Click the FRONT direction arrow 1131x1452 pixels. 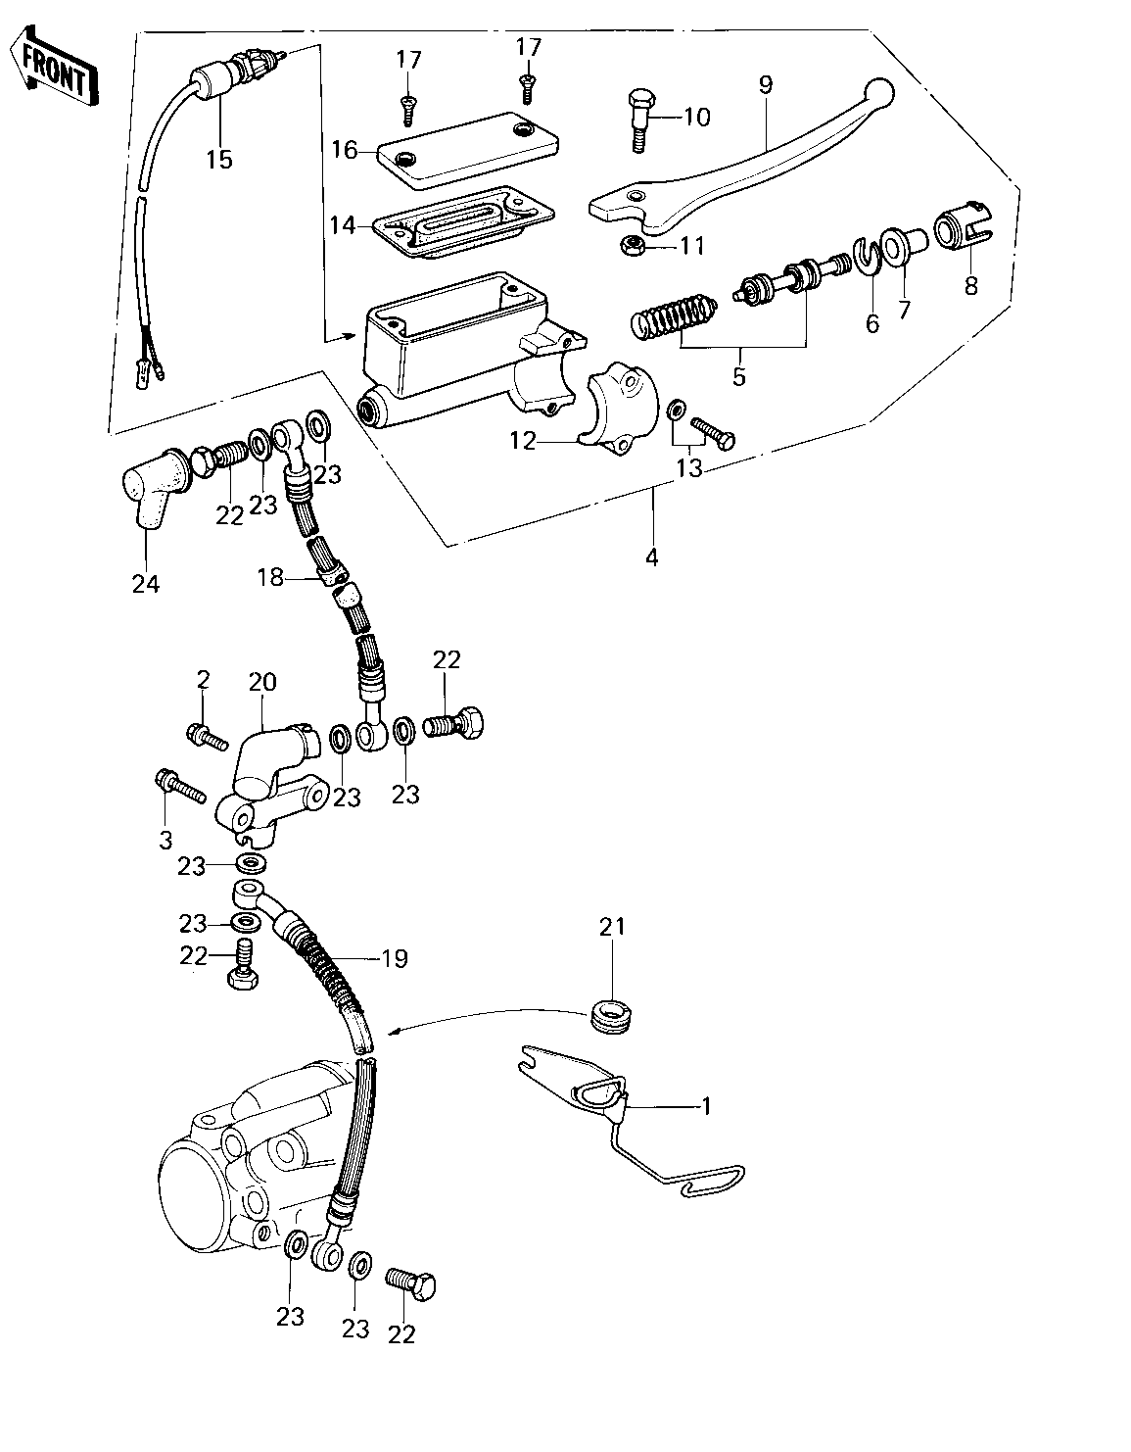[54, 67]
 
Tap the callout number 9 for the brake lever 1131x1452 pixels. [765, 85]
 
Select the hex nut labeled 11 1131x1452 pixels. [631, 245]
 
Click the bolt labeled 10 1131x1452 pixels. [638, 121]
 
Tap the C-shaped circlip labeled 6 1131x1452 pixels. [866, 256]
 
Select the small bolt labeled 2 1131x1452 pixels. [208, 737]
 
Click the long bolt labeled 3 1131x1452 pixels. [180, 789]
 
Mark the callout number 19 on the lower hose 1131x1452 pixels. [395, 959]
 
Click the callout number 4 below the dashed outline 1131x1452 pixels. [651, 557]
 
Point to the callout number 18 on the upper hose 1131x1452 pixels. [270, 577]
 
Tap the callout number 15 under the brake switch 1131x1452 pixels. [219, 160]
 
